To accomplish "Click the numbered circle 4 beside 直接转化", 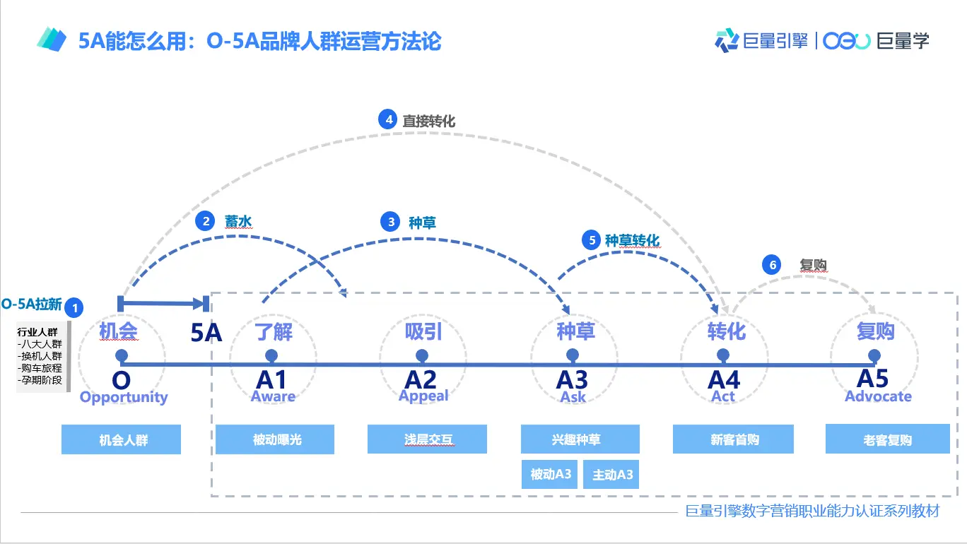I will [x=388, y=119].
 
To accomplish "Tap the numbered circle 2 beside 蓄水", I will [x=206, y=221].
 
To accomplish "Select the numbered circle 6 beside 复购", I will [x=773, y=265].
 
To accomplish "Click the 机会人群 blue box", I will [x=122, y=439].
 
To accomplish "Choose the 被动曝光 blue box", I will [x=275, y=439].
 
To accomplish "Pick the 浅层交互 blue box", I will [x=427, y=439].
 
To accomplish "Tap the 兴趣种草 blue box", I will [x=580, y=439].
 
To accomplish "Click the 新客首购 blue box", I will [x=733, y=439].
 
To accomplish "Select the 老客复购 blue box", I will [x=887, y=439].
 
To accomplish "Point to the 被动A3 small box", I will [x=551, y=474].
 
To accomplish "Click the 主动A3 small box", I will [x=611, y=475].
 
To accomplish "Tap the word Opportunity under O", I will [x=124, y=397].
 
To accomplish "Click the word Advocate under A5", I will [x=878, y=396].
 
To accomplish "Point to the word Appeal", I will [x=423, y=396].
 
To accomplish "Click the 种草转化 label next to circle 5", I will [x=632, y=241].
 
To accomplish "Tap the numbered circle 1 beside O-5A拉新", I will [x=74, y=307].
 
